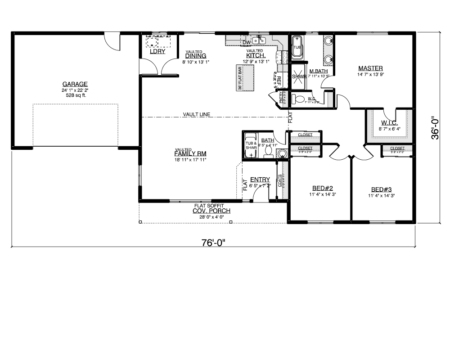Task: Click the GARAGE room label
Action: point(75,84)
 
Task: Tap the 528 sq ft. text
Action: point(75,95)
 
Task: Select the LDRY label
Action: point(157,52)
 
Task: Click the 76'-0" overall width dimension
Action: point(213,243)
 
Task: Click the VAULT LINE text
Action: point(197,114)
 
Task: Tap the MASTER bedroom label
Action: point(370,68)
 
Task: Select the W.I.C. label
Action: point(389,123)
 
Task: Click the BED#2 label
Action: point(322,189)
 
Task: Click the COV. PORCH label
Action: point(211,211)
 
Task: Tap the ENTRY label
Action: point(260,180)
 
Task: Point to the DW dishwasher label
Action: point(246,43)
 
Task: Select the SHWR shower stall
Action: point(298,76)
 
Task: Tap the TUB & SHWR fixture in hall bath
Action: point(251,144)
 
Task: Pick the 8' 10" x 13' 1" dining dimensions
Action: point(196,62)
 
